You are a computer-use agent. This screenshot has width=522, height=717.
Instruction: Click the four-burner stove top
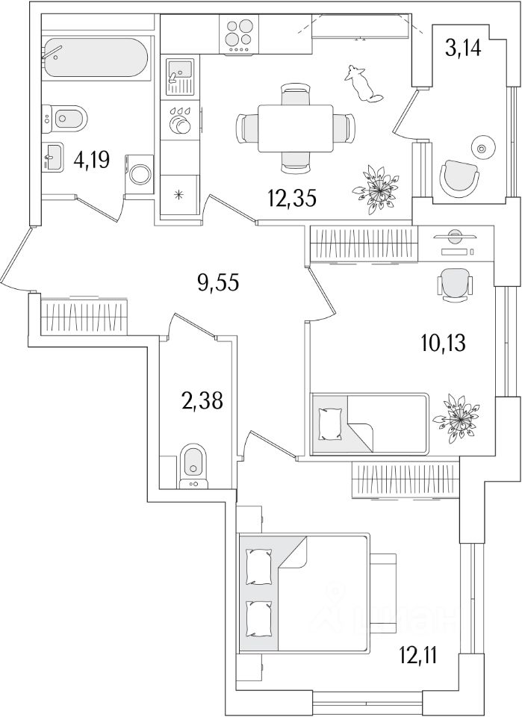[x=239, y=34]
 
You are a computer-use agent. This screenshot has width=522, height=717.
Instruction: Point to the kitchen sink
[x=180, y=76]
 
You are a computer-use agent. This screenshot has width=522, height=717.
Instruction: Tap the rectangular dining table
[x=296, y=128]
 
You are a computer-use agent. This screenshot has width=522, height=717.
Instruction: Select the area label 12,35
[x=292, y=199]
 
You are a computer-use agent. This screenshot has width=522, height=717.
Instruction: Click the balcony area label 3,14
[x=463, y=48]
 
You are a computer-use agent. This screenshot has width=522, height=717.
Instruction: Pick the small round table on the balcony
[x=482, y=148]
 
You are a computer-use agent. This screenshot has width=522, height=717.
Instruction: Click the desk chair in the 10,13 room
[x=456, y=285]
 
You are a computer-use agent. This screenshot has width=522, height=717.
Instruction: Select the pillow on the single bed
[x=331, y=424]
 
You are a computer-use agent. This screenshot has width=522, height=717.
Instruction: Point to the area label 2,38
[x=202, y=401]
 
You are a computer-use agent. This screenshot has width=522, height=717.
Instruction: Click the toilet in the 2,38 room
[x=194, y=465]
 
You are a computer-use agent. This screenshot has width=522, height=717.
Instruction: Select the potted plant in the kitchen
[x=376, y=189]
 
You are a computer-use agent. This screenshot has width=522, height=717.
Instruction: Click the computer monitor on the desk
[x=454, y=237]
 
